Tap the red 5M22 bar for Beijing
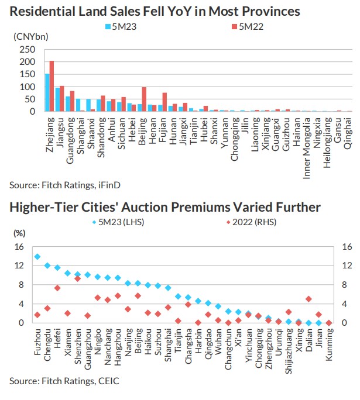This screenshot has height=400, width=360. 144,99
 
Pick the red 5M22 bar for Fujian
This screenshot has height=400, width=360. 165,102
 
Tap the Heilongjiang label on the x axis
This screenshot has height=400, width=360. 328,137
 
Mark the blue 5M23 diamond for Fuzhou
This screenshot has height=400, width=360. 37,256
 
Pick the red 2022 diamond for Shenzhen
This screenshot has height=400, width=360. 78,278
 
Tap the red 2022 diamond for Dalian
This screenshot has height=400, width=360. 308,298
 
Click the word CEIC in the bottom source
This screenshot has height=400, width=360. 107,381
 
